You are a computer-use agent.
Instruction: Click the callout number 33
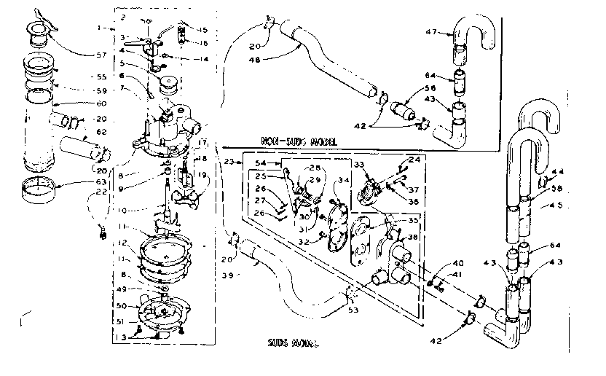(x=358, y=165)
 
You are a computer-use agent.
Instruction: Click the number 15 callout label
(x=202, y=30)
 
